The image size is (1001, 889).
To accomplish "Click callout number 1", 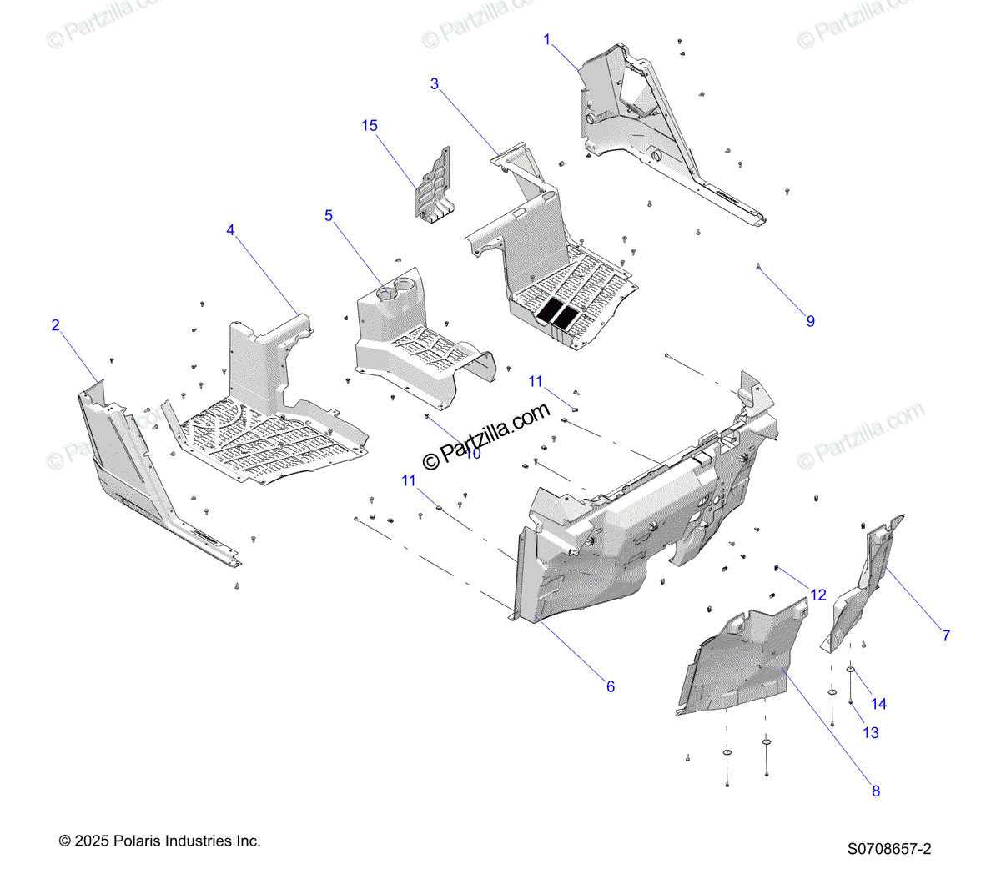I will (x=547, y=39).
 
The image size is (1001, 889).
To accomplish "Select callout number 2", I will (x=56, y=325).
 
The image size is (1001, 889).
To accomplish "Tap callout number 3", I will (x=435, y=83).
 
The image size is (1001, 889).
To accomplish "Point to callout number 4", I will (x=231, y=230).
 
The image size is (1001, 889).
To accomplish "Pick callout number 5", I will (x=329, y=216).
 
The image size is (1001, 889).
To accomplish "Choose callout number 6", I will (x=611, y=686).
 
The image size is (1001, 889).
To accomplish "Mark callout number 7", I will (x=946, y=635).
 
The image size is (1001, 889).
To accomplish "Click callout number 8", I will (x=876, y=791).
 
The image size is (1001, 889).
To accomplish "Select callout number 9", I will (x=810, y=321).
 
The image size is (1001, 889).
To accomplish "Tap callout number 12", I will (x=818, y=595).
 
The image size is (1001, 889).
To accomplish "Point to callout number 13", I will (x=871, y=732).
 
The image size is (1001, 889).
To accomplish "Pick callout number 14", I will (x=878, y=704).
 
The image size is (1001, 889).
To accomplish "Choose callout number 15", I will (x=370, y=126).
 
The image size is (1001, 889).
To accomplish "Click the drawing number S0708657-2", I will (x=889, y=849).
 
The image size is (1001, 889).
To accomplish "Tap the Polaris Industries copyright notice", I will (x=160, y=841).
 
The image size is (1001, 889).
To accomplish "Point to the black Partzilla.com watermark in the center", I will (x=487, y=435).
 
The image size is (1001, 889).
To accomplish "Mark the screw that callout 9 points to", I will (x=757, y=266).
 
